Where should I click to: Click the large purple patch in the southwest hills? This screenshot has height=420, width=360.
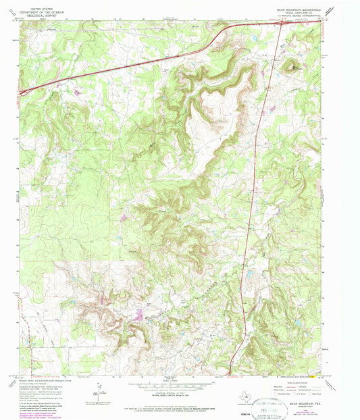[138, 314]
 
